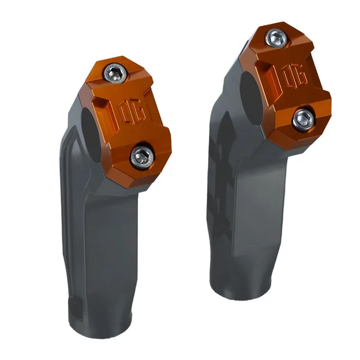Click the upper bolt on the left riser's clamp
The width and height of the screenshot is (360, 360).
point(116,74)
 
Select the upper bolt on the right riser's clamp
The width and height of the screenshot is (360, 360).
point(275,39)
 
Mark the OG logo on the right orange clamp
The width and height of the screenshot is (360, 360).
point(293,77)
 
